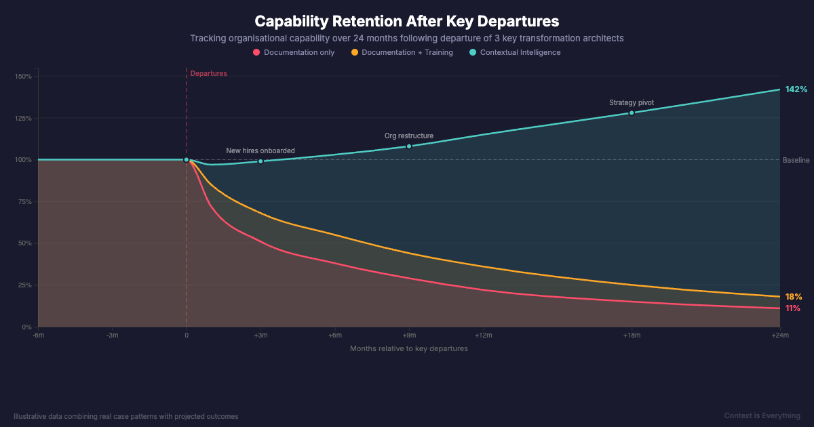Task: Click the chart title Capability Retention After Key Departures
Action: [x=407, y=21]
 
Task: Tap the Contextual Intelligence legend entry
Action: [x=520, y=52]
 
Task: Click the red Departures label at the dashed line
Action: [x=208, y=73]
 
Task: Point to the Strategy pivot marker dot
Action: [x=632, y=113]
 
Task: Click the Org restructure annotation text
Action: [x=408, y=136]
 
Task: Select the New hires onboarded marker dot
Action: [x=260, y=161]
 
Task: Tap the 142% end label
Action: [x=796, y=89]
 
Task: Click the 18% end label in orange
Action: [x=793, y=297]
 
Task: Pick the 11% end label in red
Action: [x=792, y=308]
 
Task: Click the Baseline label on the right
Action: [x=796, y=160]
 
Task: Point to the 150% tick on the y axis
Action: [x=23, y=77]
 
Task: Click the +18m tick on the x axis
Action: [x=632, y=335]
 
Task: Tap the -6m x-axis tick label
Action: [x=39, y=335]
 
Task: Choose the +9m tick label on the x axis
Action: [x=409, y=335]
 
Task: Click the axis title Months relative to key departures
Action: [x=408, y=348]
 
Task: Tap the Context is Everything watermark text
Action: [x=762, y=415]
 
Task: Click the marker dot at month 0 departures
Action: [x=187, y=160]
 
